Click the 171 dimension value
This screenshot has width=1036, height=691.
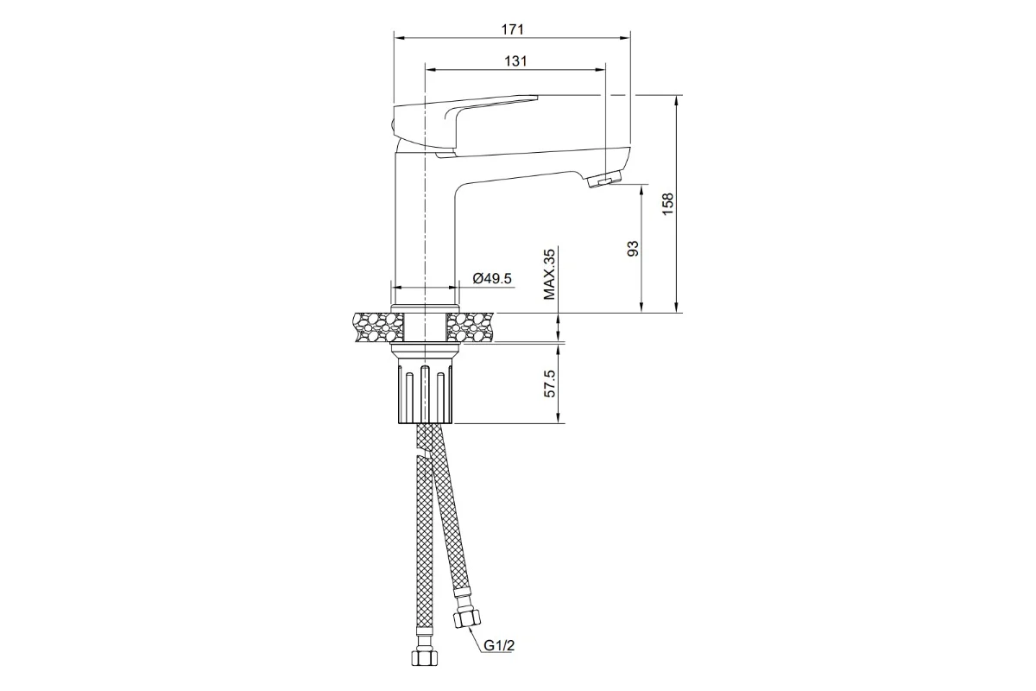(x=513, y=29)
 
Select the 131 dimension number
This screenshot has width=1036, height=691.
(x=515, y=61)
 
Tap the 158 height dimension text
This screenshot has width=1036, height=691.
(x=668, y=204)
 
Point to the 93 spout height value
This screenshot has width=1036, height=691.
(x=633, y=249)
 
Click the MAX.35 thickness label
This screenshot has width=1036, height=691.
(x=549, y=274)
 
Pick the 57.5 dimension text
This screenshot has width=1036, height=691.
(x=549, y=384)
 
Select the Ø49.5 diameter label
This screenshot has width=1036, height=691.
(x=492, y=279)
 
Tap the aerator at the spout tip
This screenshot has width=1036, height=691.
(x=606, y=179)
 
